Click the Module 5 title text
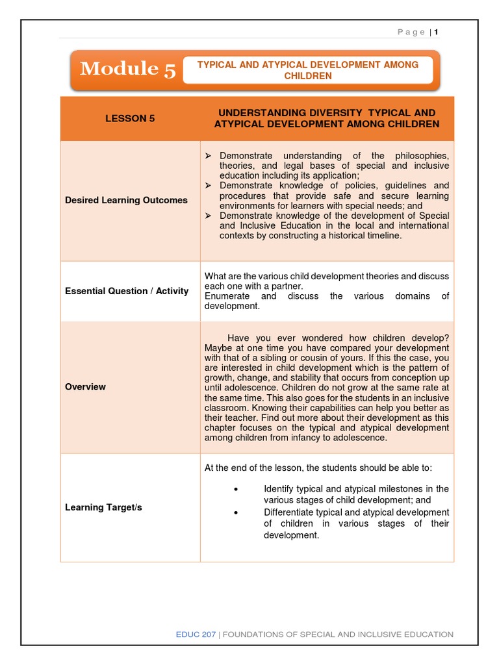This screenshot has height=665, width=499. pos(127,69)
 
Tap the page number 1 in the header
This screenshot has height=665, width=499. pos(437,32)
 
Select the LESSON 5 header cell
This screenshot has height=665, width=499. pos(130,119)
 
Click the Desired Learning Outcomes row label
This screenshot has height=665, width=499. pos(126,201)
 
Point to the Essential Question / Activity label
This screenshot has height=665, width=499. pos(127,291)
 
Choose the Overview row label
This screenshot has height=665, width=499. pos(85,387)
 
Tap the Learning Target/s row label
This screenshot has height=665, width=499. pos(103,508)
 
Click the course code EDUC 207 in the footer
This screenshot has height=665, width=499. pos(197,634)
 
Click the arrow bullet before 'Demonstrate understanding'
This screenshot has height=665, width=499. pos(209,156)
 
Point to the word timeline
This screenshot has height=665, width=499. pos(383,236)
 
